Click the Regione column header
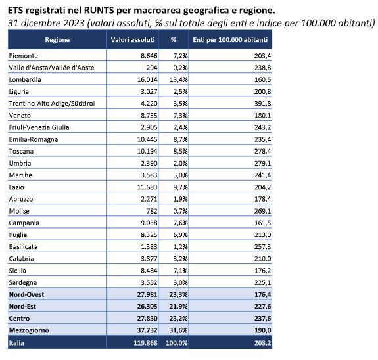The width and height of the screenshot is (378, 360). coord(57,40)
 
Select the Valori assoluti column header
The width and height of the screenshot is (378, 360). coord(133,40)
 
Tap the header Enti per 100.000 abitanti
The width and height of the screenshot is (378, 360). coord(230,40)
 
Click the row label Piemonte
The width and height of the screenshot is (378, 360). coord(24,56)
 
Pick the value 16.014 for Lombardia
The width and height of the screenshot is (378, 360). coord(147,79)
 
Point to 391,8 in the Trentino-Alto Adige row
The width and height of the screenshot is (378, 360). coord(262,104)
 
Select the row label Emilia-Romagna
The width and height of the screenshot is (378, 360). coord(34,139)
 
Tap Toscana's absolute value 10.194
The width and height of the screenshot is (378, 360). coord(147,151)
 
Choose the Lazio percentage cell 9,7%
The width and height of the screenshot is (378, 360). coord(180,187)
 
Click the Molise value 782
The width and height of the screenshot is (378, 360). coord(151,211)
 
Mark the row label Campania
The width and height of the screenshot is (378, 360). coord(24,223)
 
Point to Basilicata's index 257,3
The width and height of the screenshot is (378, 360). coord(262,247)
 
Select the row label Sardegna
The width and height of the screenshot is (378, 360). coord(23,283)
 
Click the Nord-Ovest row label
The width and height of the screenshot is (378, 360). coord(26,295)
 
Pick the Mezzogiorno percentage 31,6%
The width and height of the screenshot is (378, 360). coord(178,330)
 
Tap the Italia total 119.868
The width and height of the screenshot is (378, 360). coord(145,343)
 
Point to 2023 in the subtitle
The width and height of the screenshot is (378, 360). coord(74,23)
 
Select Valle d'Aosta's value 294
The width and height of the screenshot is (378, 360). coord(152,68)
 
